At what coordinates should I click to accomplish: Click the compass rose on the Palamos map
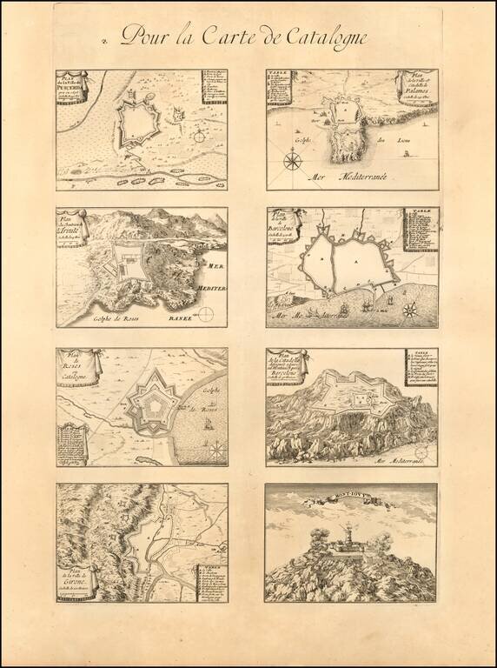point(293,160)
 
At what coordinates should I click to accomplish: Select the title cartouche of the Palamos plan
point(415,87)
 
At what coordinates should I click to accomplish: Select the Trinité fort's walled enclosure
point(131,260)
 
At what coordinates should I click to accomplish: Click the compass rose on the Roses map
point(215,449)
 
